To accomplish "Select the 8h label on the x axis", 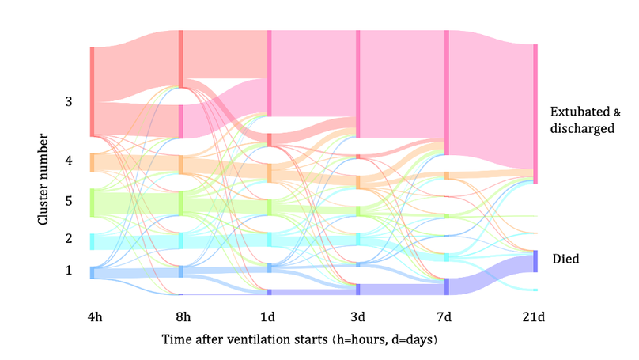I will click(182, 317).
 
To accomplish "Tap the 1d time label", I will click(270, 317).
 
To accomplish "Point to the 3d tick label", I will click(358, 317).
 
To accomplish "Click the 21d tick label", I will click(535, 317).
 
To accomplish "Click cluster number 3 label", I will click(69, 102).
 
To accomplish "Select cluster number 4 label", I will click(69, 161).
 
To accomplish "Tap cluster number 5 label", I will click(69, 201).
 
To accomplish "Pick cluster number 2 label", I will click(69, 238).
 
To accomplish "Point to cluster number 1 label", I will click(69, 271).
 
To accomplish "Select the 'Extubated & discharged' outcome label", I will click(581, 119).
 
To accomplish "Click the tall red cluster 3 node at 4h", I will click(93, 91).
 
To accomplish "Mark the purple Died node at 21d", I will click(535, 262).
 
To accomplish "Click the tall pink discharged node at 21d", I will click(535, 114).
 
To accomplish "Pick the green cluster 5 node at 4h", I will click(93, 202).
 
